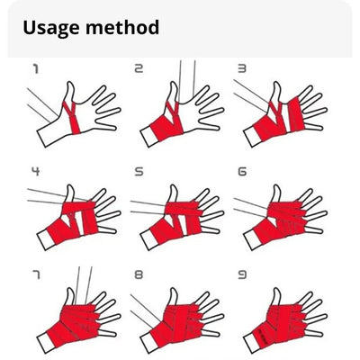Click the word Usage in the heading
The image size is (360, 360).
point(51,29)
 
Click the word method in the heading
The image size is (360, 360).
point(122,27)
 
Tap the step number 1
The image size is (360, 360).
point(36,68)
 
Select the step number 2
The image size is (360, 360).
point(139,68)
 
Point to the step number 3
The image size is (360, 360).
point(242,68)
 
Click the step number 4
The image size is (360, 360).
point(36,171)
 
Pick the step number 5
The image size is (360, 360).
point(139,171)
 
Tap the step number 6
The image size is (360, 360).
point(242,171)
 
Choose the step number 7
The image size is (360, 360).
point(36,274)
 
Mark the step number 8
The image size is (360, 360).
point(139,274)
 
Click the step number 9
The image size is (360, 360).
point(242,274)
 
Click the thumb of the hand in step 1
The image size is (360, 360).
point(69,92)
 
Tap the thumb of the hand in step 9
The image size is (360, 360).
point(276,298)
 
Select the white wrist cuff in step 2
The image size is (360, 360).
point(149,137)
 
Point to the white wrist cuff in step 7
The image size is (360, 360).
point(46,343)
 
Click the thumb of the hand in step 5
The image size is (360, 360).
point(174,194)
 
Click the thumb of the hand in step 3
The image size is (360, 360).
point(276,92)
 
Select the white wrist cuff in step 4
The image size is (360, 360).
point(46,240)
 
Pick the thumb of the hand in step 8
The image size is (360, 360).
point(174,298)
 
